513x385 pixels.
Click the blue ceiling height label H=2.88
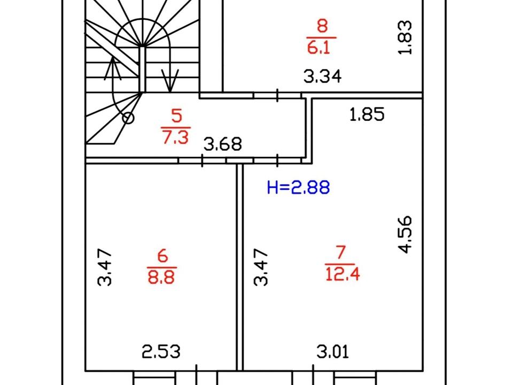(x=298, y=188)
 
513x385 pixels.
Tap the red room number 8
(x=322, y=26)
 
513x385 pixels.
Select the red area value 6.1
(x=319, y=47)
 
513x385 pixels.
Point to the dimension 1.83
(x=405, y=37)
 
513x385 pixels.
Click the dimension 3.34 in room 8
(x=323, y=76)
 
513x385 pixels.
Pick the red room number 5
(x=177, y=115)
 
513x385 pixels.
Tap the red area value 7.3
(x=176, y=137)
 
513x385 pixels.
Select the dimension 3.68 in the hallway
(x=223, y=144)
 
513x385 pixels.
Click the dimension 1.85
(x=367, y=114)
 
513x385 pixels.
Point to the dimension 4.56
(x=405, y=234)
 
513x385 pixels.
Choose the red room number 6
(x=162, y=256)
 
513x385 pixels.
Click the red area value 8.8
(x=161, y=277)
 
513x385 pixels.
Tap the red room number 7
(x=340, y=252)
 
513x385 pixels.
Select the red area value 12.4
(x=343, y=274)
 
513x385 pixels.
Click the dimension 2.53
(x=161, y=352)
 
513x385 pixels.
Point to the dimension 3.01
(x=333, y=352)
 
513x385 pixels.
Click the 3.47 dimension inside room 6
(x=105, y=267)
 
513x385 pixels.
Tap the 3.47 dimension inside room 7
(x=261, y=267)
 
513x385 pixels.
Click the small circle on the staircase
(x=128, y=118)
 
